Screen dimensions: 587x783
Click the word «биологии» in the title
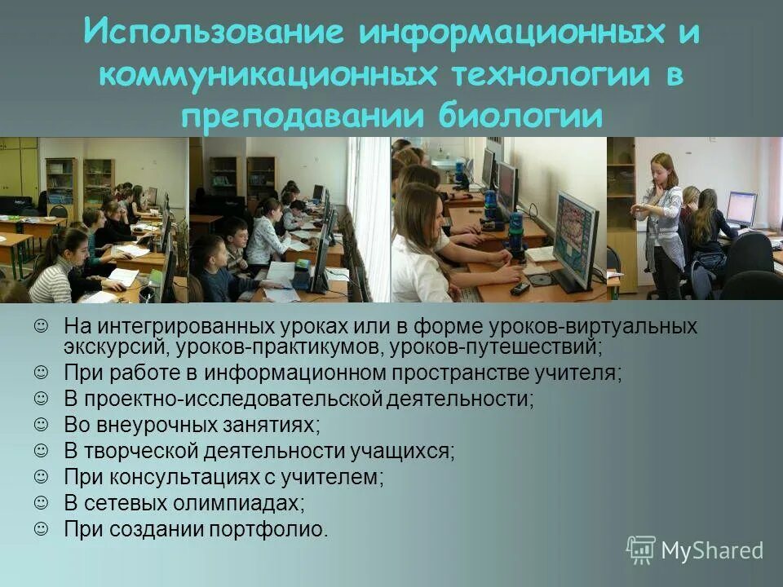(x=523, y=115)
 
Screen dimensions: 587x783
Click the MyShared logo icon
(x=640, y=550)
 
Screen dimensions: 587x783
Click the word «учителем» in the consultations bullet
(x=334, y=477)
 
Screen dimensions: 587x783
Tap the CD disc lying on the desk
(x=539, y=280)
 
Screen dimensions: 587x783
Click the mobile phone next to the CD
(x=520, y=287)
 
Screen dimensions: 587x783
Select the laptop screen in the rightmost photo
(x=741, y=208)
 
